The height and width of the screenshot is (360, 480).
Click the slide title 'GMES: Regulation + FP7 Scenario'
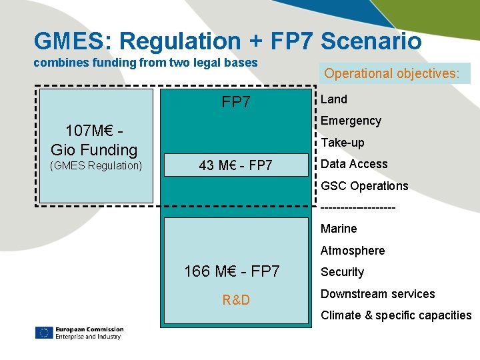227,41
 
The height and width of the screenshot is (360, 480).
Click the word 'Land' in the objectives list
334,99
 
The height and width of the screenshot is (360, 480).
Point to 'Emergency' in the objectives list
351,121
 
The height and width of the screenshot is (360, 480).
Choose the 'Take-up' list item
342,143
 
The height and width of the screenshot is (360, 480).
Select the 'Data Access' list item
354,164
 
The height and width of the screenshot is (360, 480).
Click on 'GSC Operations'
364,186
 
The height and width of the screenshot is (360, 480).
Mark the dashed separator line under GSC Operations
358,207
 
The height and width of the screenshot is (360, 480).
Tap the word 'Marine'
339,229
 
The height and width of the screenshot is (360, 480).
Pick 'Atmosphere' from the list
353,251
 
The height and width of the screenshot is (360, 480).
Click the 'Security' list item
342,272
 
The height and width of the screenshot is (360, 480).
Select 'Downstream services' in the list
377,294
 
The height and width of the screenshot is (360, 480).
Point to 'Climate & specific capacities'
396,315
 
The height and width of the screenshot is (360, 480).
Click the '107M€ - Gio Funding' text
94,139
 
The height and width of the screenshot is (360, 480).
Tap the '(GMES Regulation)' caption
96,165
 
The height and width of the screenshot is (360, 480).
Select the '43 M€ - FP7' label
236,165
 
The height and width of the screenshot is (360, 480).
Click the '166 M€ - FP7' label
231,271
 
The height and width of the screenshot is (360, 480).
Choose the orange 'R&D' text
236,300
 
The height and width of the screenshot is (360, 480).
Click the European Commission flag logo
44,333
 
